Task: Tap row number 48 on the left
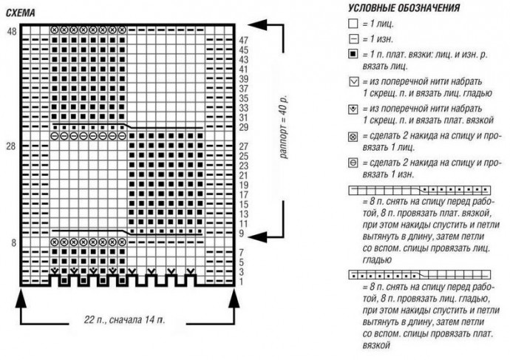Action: [x=11, y=31]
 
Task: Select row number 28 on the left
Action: [x=11, y=148]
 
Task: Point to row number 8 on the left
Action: [x=11, y=242]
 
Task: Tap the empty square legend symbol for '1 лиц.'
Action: [x=352, y=25]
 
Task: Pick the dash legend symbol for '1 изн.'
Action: [x=352, y=39]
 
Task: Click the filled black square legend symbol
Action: [x=352, y=55]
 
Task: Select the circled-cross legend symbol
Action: [x=352, y=136]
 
